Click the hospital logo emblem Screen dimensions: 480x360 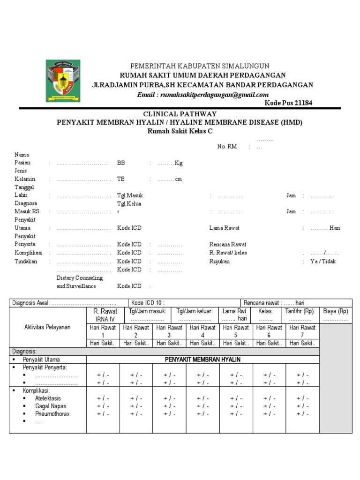(x=63, y=81)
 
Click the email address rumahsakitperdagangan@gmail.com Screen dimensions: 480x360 (x=202, y=94)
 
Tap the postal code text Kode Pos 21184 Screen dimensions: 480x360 (x=288, y=103)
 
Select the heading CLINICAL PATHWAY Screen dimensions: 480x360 (x=180, y=114)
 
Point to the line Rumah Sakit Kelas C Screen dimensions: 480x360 (x=180, y=131)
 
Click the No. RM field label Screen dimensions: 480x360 (x=227, y=147)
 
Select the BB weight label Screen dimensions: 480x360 (x=121, y=163)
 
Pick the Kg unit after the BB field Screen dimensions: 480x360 (x=179, y=163)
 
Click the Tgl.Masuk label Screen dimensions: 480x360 (x=130, y=195)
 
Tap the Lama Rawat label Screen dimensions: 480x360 (x=224, y=228)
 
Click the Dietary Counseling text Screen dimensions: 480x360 (x=79, y=278)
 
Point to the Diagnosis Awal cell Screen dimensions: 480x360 (x=68, y=303)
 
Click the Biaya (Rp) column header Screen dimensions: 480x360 (x=335, y=311)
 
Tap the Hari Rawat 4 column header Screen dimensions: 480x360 (x=202, y=331)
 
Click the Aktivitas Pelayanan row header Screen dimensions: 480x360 (x=47, y=327)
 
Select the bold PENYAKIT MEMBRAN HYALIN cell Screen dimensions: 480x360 (x=202, y=360)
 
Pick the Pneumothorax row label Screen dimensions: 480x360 (x=53, y=414)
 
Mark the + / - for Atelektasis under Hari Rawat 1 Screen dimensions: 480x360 (x=103, y=398)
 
